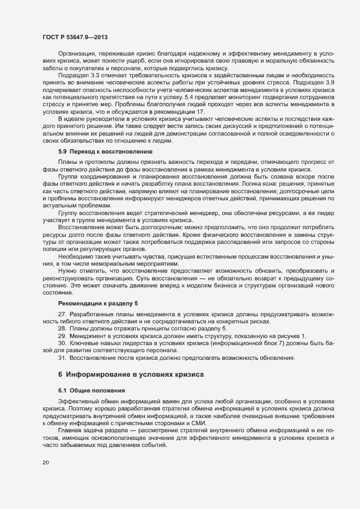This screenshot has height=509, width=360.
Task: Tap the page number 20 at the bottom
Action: point(46,463)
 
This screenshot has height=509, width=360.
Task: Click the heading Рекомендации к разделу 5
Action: point(102,302)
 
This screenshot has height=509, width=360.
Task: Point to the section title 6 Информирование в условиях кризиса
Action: point(131,375)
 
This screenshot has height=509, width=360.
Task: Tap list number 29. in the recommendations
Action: point(62,336)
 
